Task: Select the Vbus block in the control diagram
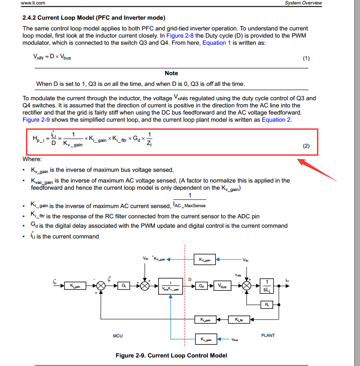tap(222, 285)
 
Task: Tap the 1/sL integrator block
tap(267, 285)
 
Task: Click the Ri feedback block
tap(267, 305)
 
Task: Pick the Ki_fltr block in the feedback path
tap(236, 319)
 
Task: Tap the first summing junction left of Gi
tap(101, 285)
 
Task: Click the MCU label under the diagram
tap(118, 336)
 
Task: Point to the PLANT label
tap(268, 335)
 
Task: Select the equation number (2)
tap(306, 146)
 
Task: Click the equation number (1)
tap(306, 58)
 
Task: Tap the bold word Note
tap(171, 73)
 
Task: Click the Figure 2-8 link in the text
tap(180, 35)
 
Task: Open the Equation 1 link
tap(217, 43)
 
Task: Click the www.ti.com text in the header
tap(33, 3)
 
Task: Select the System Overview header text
tap(303, 3)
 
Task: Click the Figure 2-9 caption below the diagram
tap(171, 355)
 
